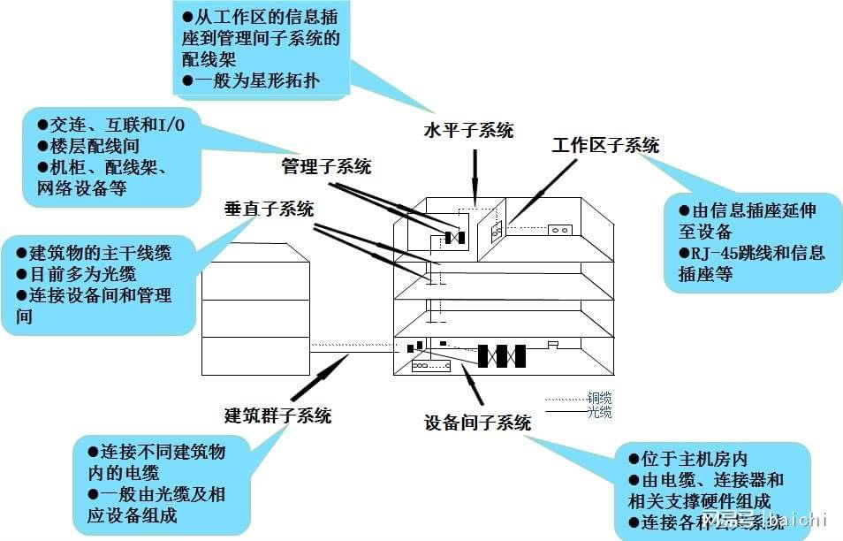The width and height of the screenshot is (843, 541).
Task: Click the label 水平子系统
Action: tap(468, 132)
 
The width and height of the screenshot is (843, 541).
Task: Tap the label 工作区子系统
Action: tap(605, 146)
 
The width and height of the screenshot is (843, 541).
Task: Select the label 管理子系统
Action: tap(326, 166)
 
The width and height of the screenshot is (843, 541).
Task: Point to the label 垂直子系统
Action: tap(269, 210)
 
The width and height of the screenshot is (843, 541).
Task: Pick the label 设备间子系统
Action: tap(478, 423)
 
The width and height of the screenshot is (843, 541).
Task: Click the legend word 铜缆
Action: tap(599, 398)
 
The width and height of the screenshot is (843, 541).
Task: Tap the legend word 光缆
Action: tap(599, 412)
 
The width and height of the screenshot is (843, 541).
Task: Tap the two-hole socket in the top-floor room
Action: tap(560, 230)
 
